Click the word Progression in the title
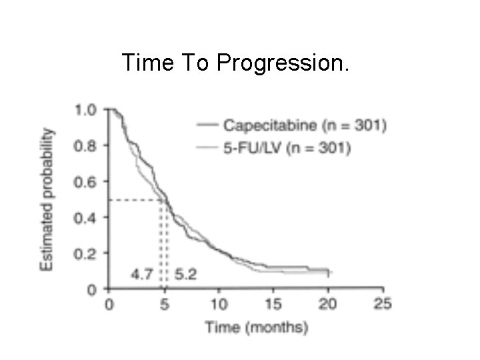pyautogui.click(x=283, y=63)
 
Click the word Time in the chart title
pyautogui.click(x=148, y=62)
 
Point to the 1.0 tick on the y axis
pyautogui.click(x=86, y=110)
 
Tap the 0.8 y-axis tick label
pyautogui.click(x=85, y=146)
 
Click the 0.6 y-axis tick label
pyautogui.click(x=85, y=182)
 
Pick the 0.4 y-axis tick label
pyautogui.click(x=85, y=218)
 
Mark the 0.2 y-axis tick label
pyautogui.click(x=85, y=254)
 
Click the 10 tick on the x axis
pyautogui.click(x=219, y=304)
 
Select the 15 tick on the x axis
pyautogui.click(x=273, y=304)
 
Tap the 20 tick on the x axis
pyautogui.click(x=327, y=304)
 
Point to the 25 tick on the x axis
pyautogui.click(x=383, y=304)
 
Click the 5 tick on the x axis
pyautogui.click(x=165, y=304)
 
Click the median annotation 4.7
pyautogui.click(x=142, y=274)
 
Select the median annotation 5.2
pyautogui.click(x=185, y=274)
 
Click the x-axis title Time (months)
pyautogui.click(x=257, y=327)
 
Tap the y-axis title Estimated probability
pyautogui.click(x=47, y=200)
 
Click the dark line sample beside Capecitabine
pyautogui.click(x=207, y=125)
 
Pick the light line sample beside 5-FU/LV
pyautogui.click(x=207, y=147)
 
